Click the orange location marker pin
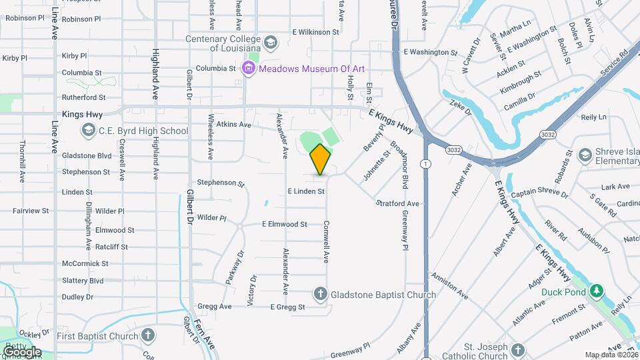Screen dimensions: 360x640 pyautogui.click(x=320, y=159)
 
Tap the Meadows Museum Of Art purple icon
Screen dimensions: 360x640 pyautogui.click(x=249, y=68)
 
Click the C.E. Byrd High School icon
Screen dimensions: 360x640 pyautogui.click(x=88, y=131)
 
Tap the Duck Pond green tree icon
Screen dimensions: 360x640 pyautogui.click(x=597, y=291)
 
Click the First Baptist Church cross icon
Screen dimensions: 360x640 pyautogui.click(x=148, y=335)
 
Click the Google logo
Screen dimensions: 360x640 pyautogui.click(x=21, y=351)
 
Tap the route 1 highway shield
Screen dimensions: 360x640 pyautogui.click(x=425, y=163)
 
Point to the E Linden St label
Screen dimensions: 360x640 pyautogui.click(x=306, y=191)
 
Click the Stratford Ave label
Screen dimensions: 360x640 pyautogui.click(x=397, y=203)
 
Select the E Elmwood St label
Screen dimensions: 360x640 pyautogui.click(x=285, y=225)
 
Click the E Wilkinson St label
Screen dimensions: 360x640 pyautogui.click(x=316, y=32)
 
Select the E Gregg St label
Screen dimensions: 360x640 pyautogui.click(x=287, y=307)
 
